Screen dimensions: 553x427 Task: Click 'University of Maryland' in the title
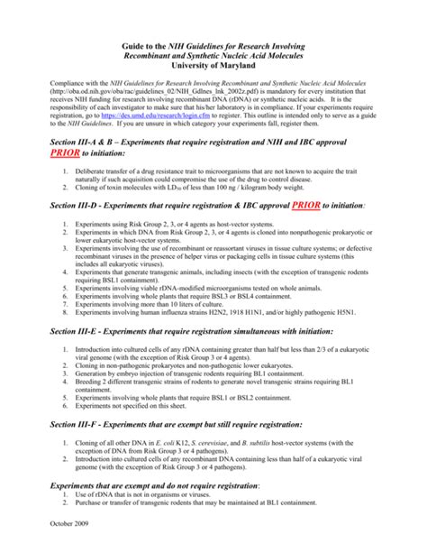pyautogui.click(x=213, y=65)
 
